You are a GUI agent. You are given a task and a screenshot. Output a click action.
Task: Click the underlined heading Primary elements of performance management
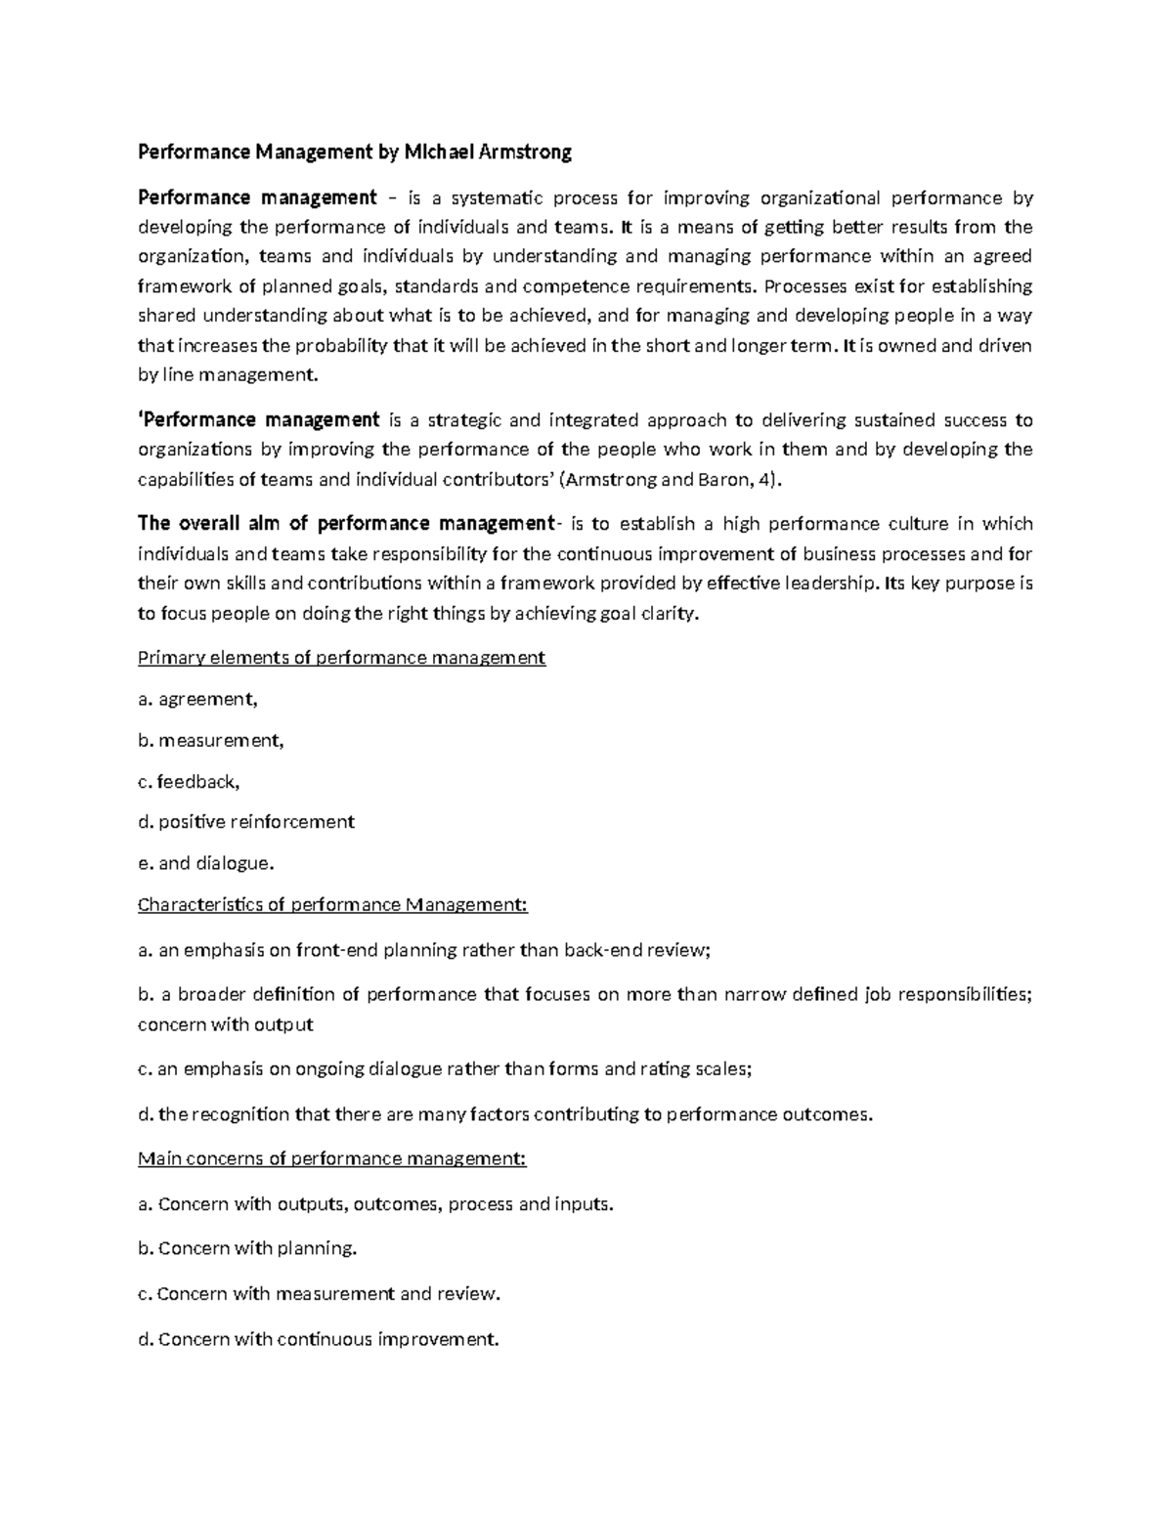[341, 658]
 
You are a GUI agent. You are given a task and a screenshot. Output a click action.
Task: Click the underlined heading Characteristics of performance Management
[332, 904]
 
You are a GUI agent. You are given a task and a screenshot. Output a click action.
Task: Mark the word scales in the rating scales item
[722, 1068]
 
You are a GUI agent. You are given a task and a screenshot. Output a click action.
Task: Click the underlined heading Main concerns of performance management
[332, 1158]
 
